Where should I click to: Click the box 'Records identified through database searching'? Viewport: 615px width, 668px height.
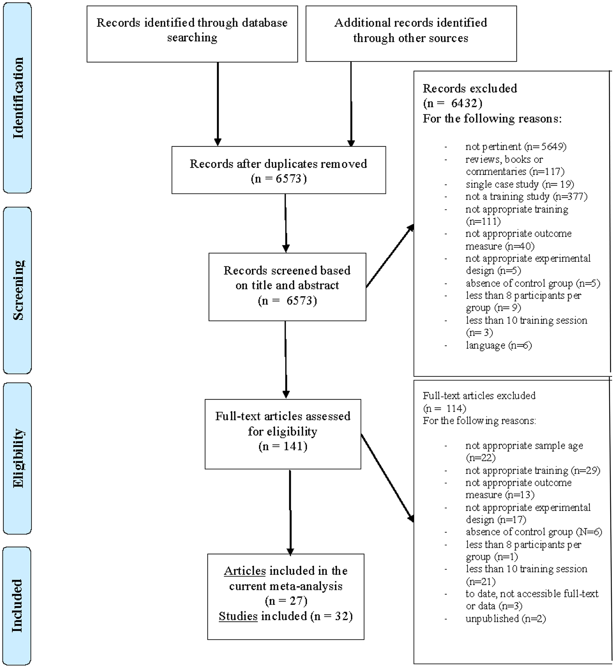(192, 34)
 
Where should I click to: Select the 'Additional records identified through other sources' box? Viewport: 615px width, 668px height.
(411, 34)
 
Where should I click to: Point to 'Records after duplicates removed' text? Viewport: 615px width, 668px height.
(278, 164)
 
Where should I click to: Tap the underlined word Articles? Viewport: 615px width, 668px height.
(245, 571)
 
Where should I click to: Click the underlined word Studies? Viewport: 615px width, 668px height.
(238, 616)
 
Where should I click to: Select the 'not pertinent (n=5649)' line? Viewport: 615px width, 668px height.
(515, 146)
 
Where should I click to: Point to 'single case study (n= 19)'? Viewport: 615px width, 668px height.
(519, 184)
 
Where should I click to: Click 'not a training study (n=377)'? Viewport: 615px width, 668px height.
(526, 196)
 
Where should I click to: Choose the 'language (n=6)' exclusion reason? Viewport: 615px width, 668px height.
(499, 345)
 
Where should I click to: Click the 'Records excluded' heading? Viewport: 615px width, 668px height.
(470, 89)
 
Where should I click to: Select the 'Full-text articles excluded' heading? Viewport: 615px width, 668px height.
(479, 395)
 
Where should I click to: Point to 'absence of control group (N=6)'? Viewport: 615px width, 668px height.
(534, 532)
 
